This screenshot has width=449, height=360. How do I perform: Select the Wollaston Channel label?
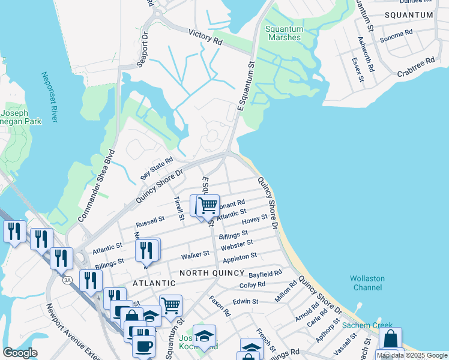pyautogui.click(x=368, y=283)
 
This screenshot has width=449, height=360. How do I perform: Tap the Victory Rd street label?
pyautogui.click(x=205, y=38)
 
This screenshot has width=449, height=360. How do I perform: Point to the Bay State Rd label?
pyautogui.click(x=157, y=168)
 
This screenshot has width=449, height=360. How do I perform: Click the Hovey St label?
pyautogui.click(x=255, y=220)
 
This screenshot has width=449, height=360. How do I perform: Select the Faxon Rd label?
pyautogui.click(x=220, y=305)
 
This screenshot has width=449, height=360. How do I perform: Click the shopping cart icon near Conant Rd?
pyautogui.click(x=208, y=206)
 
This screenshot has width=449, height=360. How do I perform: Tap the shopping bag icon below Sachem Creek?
pyautogui.click(x=390, y=338)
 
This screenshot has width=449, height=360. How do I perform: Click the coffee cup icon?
pyautogui.click(x=143, y=346)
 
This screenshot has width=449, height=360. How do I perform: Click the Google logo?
pyautogui.click(x=20, y=353)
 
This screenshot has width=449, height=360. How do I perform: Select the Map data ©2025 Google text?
pyautogui.click(x=412, y=355)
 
